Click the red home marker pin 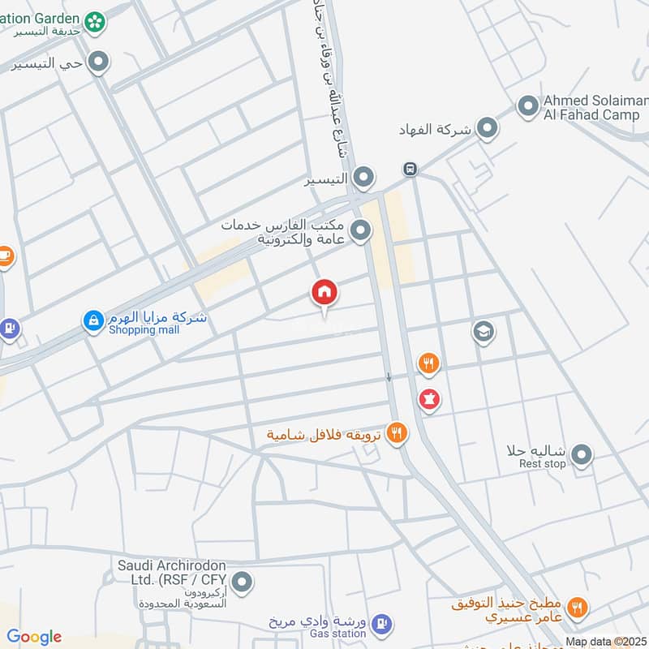(x=324, y=293)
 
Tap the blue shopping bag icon (x=93, y=321)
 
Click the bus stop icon (x=410, y=170)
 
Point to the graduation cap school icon (x=484, y=332)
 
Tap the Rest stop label (x=543, y=464)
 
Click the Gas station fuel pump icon (x=383, y=624)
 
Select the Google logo (x=34, y=637)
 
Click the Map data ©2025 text (x=605, y=642)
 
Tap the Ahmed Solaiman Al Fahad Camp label (x=591, y=107)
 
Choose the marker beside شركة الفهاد (x=487, y=128)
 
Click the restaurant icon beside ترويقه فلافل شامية (x=397, y=433)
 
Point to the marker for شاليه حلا (x=581, y=456)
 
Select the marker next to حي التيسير (x=99, y=62)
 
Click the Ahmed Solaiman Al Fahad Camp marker (x=528, y=106)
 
